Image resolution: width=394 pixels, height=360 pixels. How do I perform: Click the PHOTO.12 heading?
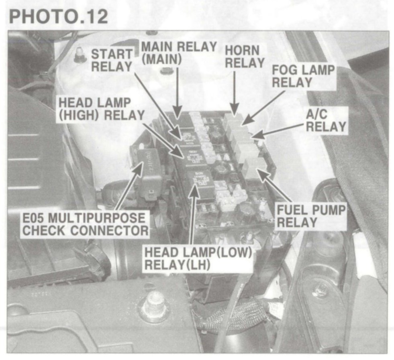pyautogui.click(x=58, y=17)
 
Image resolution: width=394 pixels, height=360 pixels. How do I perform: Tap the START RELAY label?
pyautogui.click(x=112, y=60)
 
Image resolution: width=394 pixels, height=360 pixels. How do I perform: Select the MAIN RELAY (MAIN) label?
pyautogui.click(x=179, y=53)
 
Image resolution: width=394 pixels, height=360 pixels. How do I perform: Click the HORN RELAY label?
pyautogui.click(x=245, y=57)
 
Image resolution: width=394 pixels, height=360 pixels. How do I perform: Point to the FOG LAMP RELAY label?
pyautogui.click(x=303, y=76)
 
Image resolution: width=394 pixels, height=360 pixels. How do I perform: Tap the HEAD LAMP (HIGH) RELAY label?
pyautogui.click(x=101, y=109)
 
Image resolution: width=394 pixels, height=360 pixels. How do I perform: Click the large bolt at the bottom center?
pyautogui.click(x=153, y=305)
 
